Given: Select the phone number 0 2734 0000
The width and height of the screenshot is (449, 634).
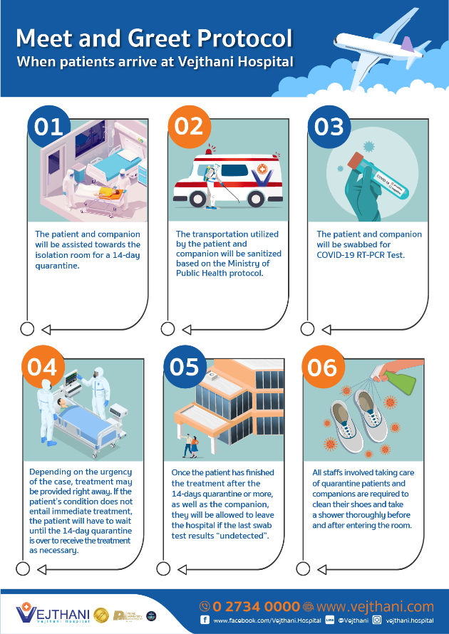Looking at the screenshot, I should [x=256, y=606].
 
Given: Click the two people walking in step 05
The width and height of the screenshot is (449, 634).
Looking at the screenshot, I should [x=191, y=445].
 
